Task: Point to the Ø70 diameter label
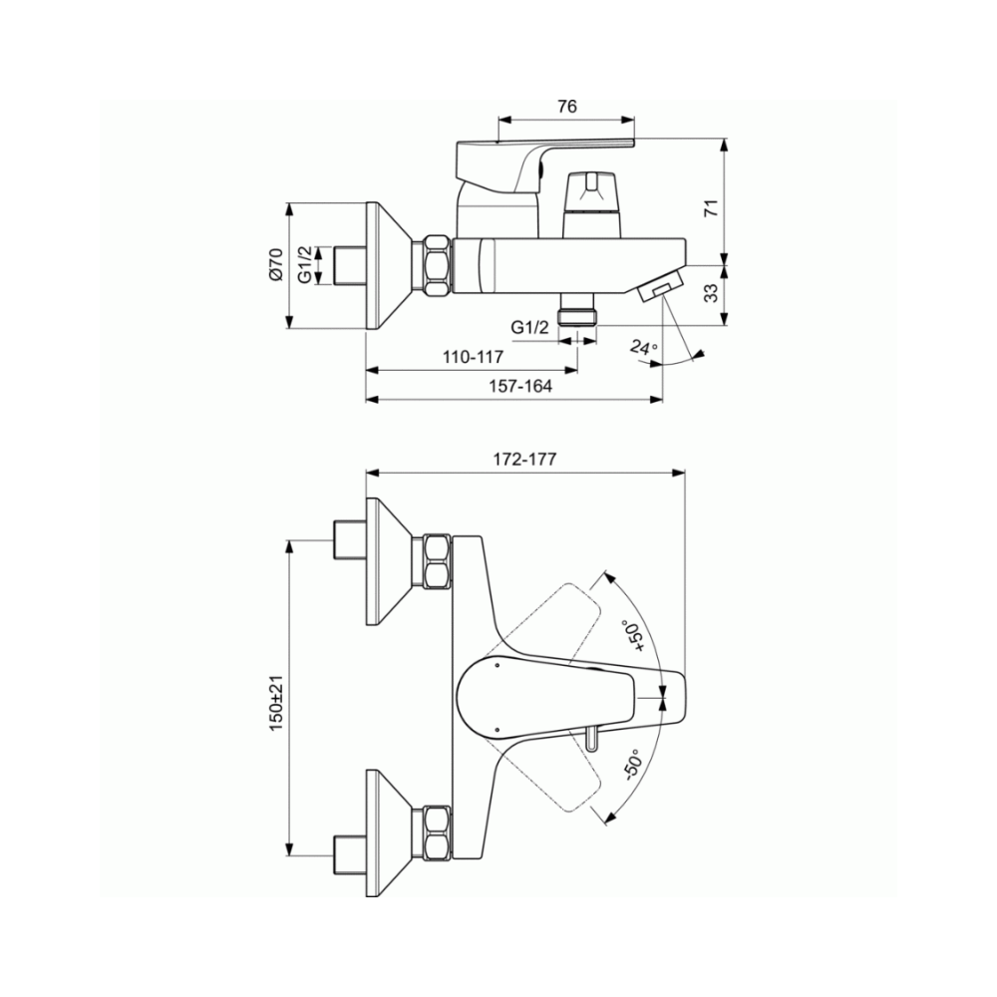[x=275, y=265]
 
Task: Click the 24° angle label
[x=644, y=347]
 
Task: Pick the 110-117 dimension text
[x=473, y=357]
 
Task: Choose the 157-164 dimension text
[x=520, y=386]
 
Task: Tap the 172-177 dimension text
[x=524, y=459]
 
